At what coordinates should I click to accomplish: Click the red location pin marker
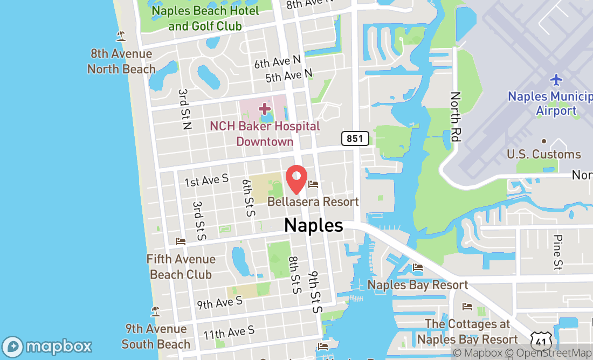(296, 179)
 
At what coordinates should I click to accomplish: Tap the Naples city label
(313, 225)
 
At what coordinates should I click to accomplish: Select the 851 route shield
(355, 139)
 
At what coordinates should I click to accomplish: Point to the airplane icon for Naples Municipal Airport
(556, 80)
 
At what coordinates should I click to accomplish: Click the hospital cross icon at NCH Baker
(264, 109)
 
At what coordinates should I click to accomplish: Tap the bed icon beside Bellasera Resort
(313, 185)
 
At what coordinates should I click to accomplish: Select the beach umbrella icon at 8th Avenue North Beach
(121, 36)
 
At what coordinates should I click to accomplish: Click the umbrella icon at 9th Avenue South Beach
(156, 311)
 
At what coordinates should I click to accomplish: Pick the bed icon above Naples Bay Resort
(418, 267)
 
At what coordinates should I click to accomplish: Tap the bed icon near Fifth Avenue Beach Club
(181, 241)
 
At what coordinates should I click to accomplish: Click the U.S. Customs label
(544, 154)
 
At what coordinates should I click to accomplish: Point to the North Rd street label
(456, 117)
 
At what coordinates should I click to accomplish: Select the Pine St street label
(558, 252)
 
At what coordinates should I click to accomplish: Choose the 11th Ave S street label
(229, 333)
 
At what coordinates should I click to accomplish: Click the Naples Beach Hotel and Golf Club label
(205, 18)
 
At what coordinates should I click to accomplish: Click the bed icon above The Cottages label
(467, 307)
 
